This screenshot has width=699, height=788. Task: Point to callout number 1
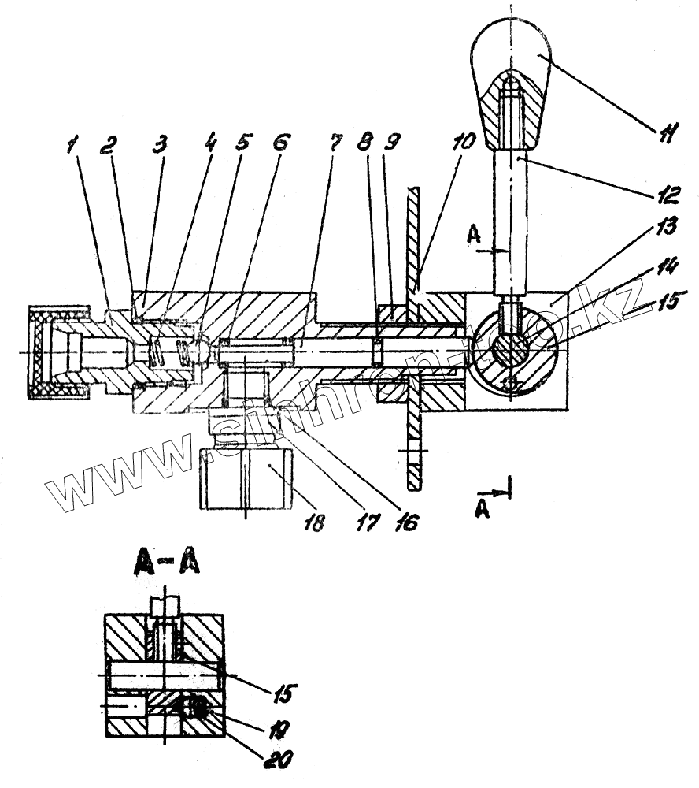73,144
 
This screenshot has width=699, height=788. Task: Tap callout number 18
314,521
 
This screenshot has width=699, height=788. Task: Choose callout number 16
409,521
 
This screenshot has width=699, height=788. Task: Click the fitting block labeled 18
245,478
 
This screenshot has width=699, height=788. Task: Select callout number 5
241,144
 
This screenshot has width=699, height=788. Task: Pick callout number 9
391,144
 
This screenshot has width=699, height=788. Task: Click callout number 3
160,144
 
